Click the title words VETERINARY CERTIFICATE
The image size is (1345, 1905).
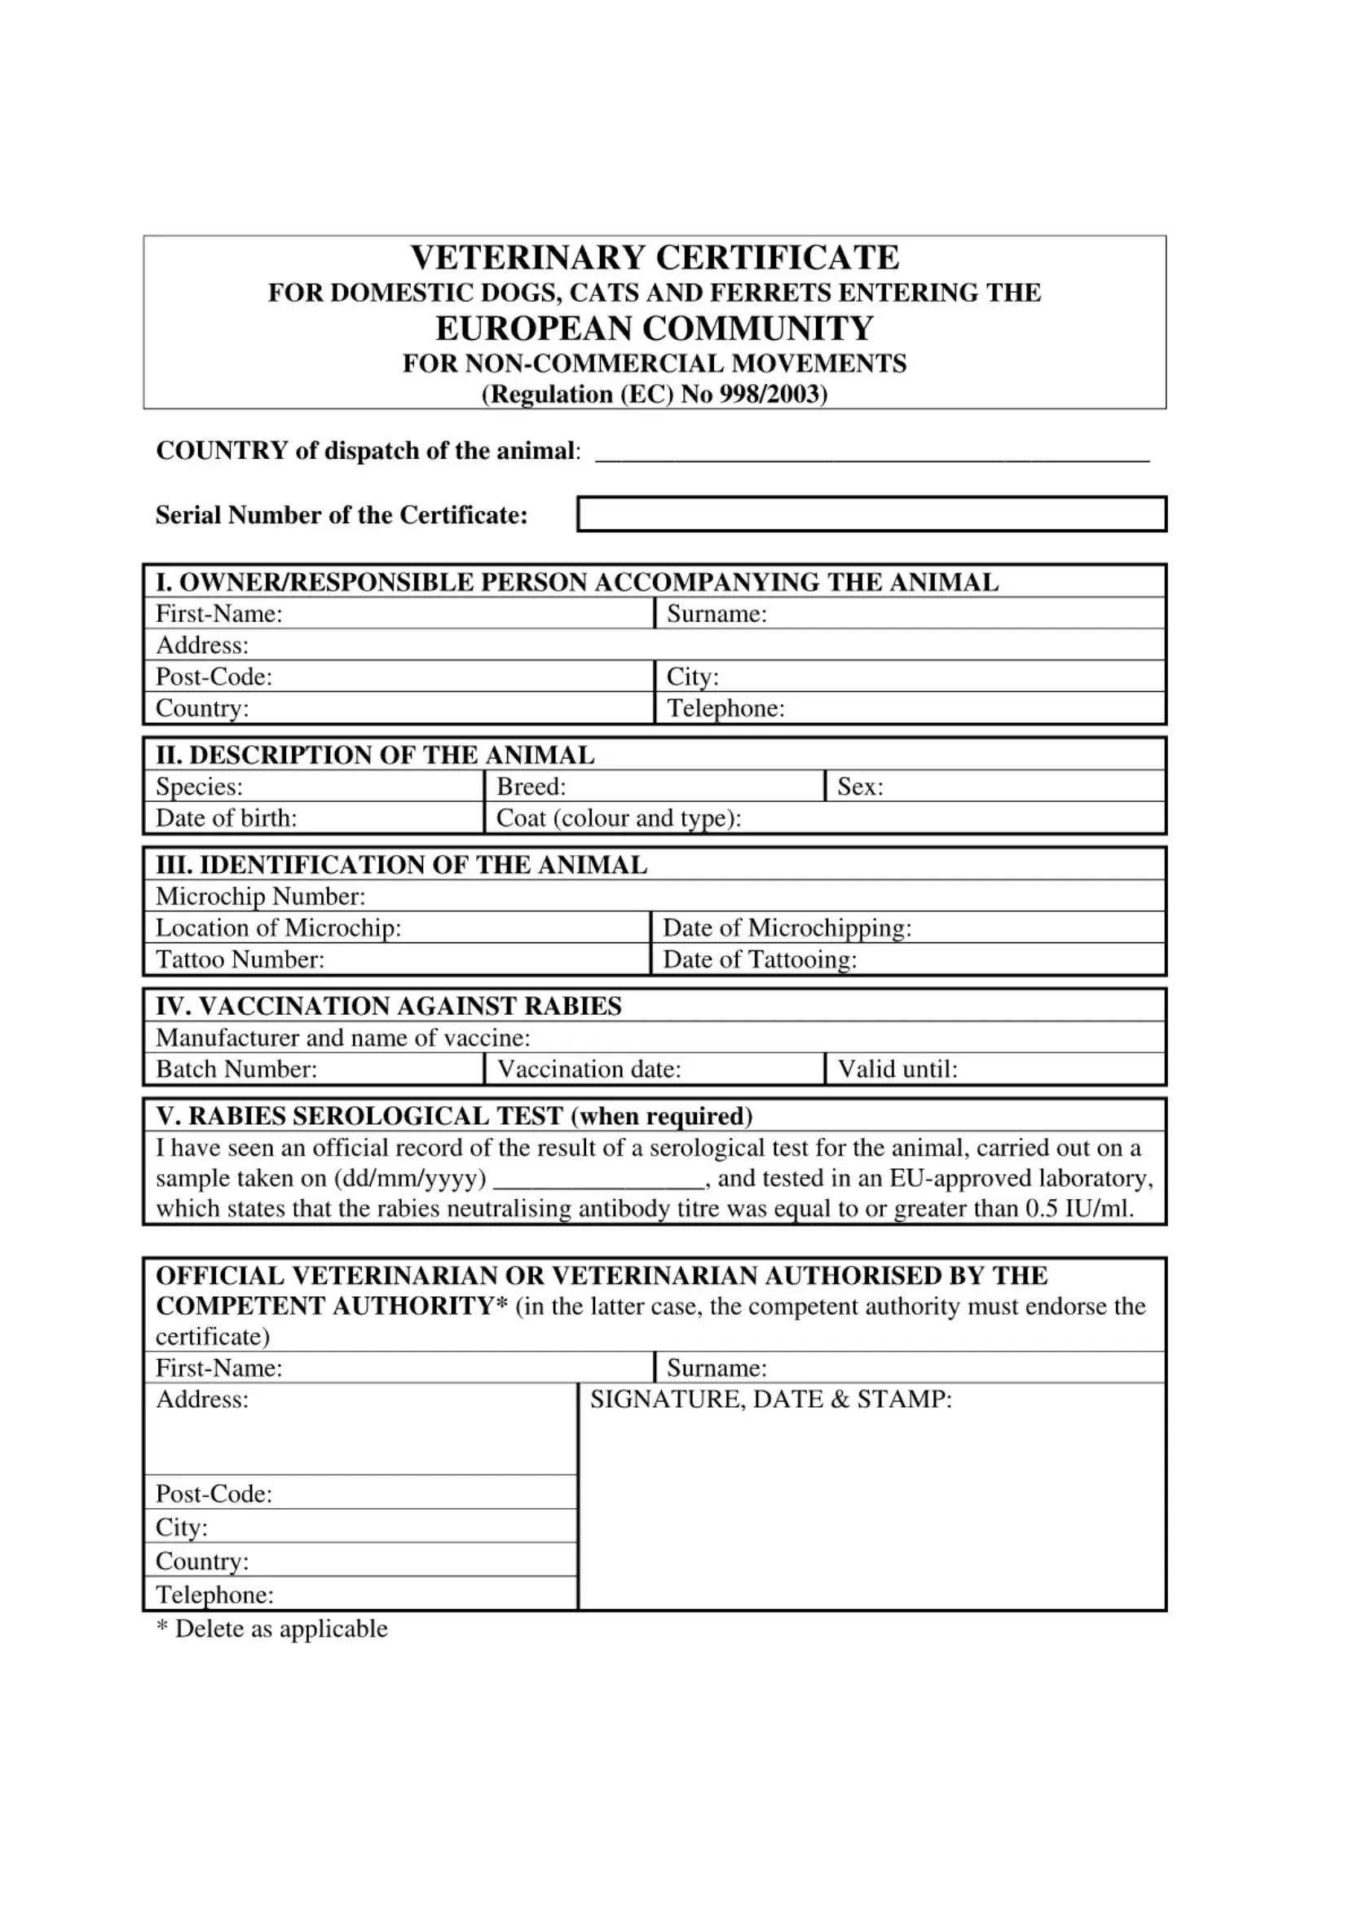[655, 258]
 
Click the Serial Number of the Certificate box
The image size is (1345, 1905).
[871, 514]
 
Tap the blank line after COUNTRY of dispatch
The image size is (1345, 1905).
[872, 454]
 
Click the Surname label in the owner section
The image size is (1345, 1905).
[717, 614]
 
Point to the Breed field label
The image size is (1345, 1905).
[531, 787]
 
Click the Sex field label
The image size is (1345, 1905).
[860, 787]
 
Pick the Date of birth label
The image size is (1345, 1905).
[227, 818]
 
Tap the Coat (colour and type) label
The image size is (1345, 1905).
[618, 818]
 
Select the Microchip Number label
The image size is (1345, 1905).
[261, 896]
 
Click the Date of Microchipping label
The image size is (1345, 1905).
[787, 928]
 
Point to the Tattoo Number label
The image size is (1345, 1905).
[240, 960]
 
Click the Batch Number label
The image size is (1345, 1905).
[236, 1069]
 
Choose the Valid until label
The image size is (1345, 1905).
[897, 1069]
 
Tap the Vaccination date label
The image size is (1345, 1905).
[589, 1069]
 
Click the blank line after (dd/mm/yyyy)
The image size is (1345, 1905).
[603, 1180]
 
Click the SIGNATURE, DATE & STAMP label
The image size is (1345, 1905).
[771, 1400]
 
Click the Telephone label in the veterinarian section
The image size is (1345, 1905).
[214, 1594]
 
